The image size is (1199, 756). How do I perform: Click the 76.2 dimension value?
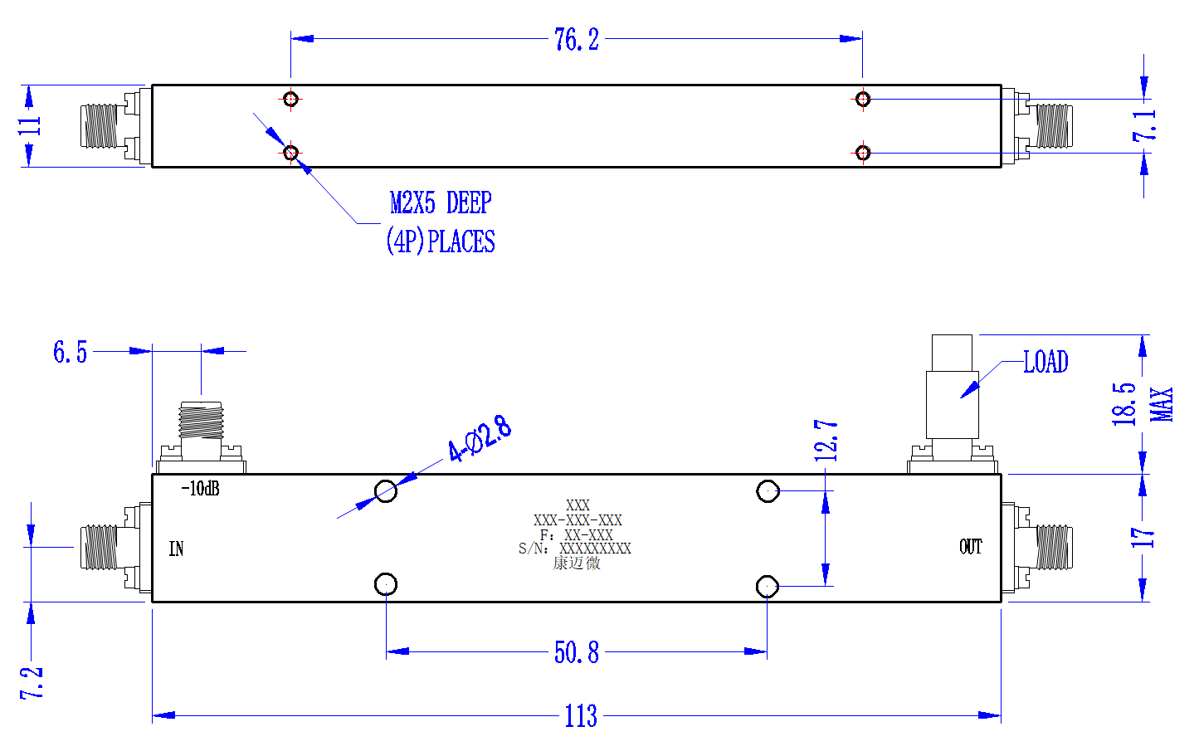(577, 40)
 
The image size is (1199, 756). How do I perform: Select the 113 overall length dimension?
(581, 716)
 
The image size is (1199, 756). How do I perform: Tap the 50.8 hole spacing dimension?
(577, 652)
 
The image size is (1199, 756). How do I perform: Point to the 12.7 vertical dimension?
(826, 441)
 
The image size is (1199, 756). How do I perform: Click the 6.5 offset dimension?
(71, 353)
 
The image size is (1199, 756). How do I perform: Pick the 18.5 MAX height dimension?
(1141, 404)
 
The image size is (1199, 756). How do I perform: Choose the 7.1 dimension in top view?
(1144, 126)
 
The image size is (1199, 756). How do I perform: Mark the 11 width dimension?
(29, 126)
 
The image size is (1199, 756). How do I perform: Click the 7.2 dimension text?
(32, 683)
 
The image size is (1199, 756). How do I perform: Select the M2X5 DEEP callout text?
(441, 203)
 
